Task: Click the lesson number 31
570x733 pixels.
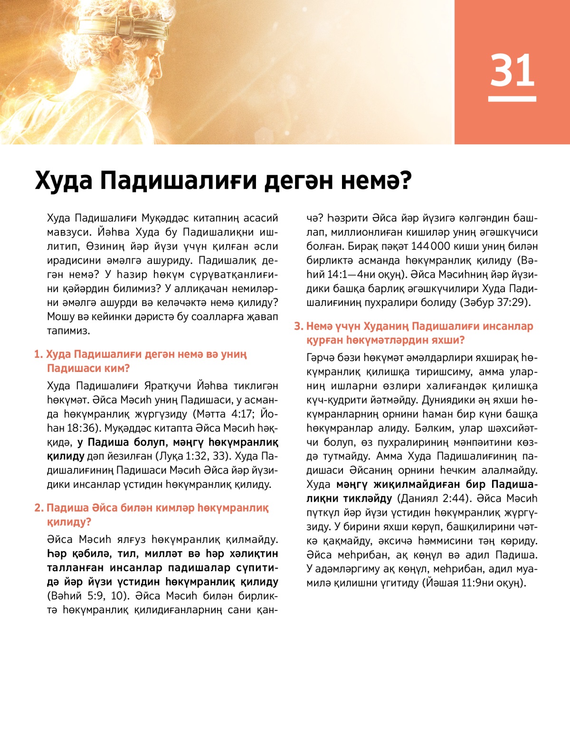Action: point(512,71)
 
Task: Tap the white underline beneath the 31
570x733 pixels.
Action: point(512,99)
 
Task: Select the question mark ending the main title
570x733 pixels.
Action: point(405,181)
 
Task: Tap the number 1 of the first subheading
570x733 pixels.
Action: point(38,354)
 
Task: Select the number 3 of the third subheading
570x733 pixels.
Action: point(298,326)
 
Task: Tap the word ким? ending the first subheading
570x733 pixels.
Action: point(117,368)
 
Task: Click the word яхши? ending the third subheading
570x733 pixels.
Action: point(449,340)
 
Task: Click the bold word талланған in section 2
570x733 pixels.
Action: point(76,568)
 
